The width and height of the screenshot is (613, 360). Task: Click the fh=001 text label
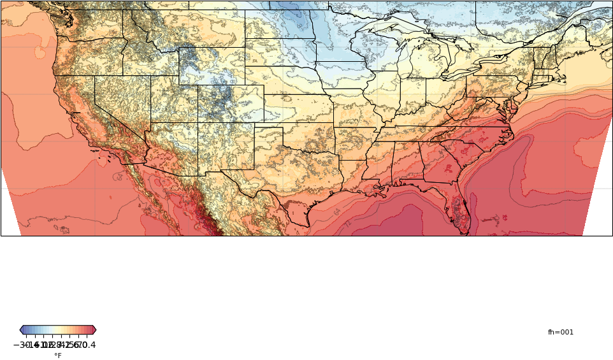[560, 333]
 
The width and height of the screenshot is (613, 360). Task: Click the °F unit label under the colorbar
[58, 356]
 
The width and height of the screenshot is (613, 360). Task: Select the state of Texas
[287, 185]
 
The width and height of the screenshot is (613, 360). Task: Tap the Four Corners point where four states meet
[198, 123]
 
